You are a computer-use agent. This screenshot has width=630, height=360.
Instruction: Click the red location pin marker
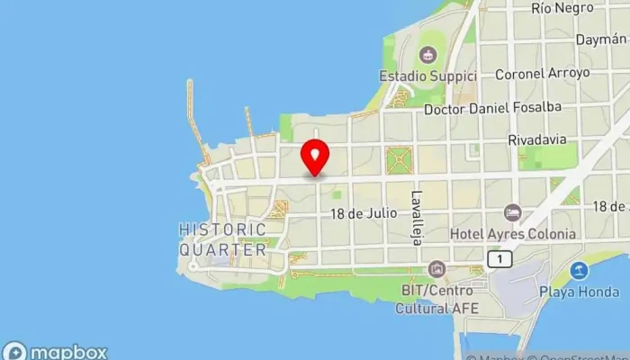click(315, 157)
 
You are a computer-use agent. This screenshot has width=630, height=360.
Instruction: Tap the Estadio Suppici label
click(427, 76)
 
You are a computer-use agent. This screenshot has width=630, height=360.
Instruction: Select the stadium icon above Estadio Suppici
click(427, 54)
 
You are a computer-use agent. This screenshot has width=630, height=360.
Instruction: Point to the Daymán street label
click(603, 40)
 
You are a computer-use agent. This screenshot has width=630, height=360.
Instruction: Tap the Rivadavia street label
click(537, 140)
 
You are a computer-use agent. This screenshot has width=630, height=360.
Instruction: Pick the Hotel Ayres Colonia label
click(526, 234)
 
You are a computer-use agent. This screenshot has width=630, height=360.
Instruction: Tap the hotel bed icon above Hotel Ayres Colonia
click(513, 212)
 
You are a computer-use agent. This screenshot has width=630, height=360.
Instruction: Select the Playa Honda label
click(579, 292)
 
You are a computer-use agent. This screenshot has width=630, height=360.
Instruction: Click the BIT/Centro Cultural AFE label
click(437, 300)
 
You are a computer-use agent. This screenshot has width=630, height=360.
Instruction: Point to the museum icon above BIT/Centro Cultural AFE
click(437, 269)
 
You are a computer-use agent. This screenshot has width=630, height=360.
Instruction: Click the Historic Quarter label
click(222, 239)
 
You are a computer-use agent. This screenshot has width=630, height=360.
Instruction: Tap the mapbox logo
click(56, 351)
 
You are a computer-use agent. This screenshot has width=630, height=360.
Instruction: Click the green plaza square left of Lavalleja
click(398, 160)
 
